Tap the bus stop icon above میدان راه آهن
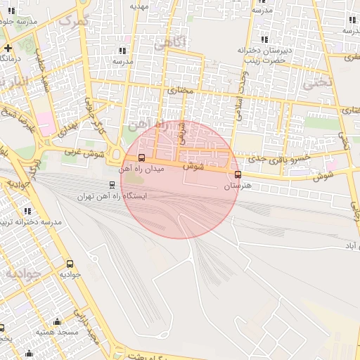click(x=142, y=158)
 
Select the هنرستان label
click(x=237, y=187)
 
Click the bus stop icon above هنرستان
click(x=238, y=175)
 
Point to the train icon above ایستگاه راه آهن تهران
click(x=111, y=186)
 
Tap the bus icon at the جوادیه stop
click(x=69, y=263)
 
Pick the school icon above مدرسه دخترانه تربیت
click(x=27, y=211)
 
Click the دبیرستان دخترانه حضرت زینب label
click(x=264, y=56)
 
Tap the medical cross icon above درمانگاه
click(x=7, y=48)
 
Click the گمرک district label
click(x=75, y=20)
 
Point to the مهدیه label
click(x=138, y=6)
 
